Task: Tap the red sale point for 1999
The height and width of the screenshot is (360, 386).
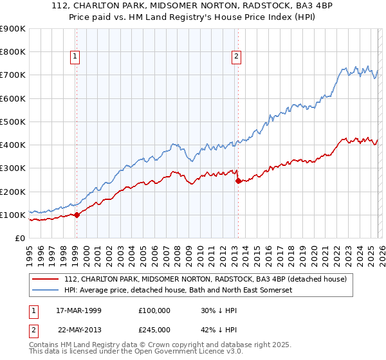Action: click(77, 215)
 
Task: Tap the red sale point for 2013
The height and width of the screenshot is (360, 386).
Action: click(237, 181)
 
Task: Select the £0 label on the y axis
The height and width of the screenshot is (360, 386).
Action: click(19, 238)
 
